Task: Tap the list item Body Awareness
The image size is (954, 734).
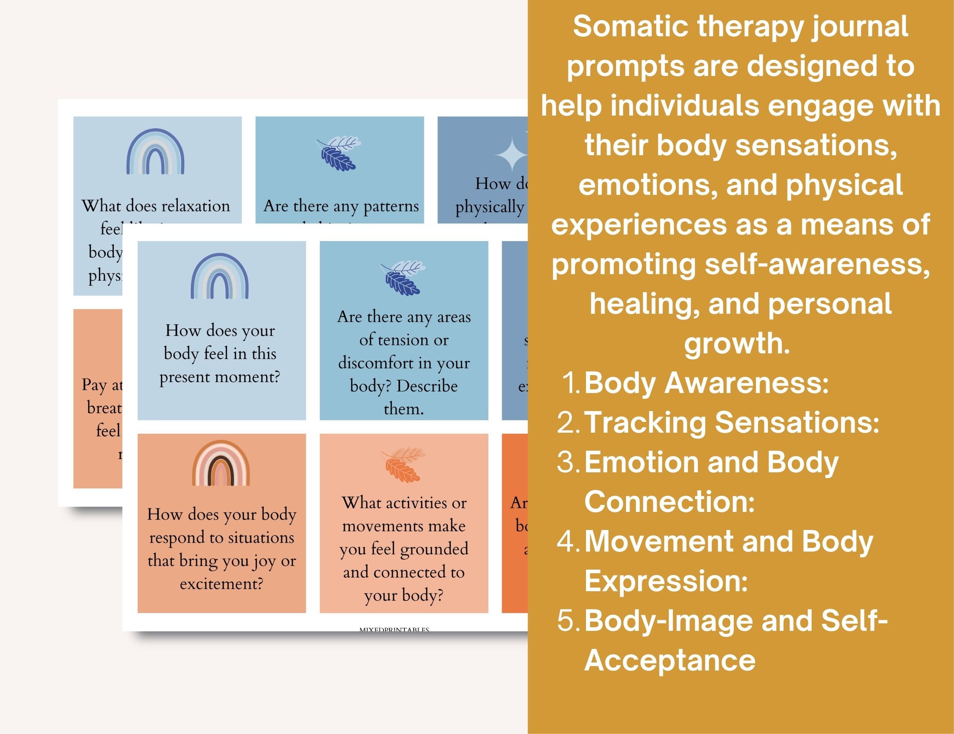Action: (x=706, y=383)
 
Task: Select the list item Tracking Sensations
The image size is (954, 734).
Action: (x=731, y=422)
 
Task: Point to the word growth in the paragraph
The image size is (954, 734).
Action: (x=737, y=344)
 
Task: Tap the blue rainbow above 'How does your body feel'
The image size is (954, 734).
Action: (x=220, y=277)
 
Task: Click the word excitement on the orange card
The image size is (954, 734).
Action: (x=222, y=584)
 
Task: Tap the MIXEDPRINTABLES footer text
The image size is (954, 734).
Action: (x=394, y=629)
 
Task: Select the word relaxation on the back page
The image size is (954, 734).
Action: (x=190, y=206)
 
